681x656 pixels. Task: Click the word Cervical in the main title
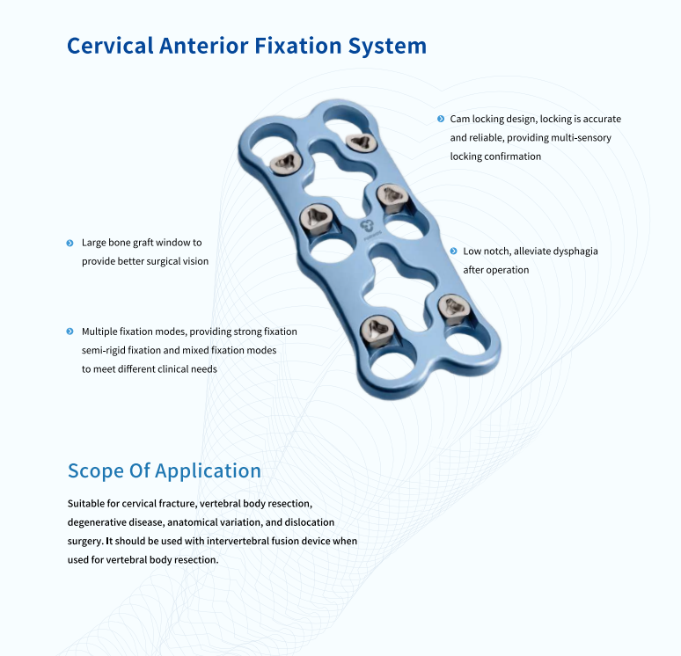point(110,46)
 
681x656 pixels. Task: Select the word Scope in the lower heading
point(96,471)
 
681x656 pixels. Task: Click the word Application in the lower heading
point(208,471)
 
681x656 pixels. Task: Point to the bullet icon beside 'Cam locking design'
point(441,119)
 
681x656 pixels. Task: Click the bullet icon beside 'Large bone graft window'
point(70,243)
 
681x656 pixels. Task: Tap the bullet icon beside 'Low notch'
point(453,251)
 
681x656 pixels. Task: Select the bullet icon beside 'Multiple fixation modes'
point(70,332)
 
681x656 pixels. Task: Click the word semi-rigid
point(103,350)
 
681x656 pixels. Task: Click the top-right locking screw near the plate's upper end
point(362,142)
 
